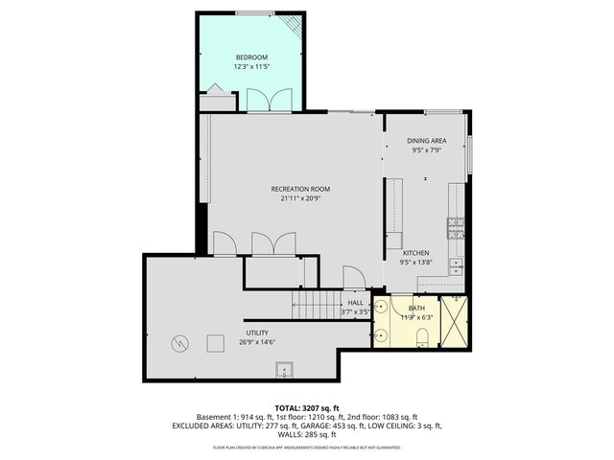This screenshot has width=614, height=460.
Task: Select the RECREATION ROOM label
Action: (299, 190)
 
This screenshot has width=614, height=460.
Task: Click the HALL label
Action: (355, 303)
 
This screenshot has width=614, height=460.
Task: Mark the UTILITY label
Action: (257, 333)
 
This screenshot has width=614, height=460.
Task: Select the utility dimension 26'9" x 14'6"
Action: (257, 342)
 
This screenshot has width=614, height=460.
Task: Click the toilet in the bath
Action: (422, 334)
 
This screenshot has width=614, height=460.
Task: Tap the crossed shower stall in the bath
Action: (455, 321)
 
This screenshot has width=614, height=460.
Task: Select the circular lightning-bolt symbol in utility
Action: (179, 342)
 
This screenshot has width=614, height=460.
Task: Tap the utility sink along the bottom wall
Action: (283, 369)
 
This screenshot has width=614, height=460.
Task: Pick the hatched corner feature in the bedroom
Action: (294, 26)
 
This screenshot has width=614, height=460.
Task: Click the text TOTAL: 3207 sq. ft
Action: (307, 408)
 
